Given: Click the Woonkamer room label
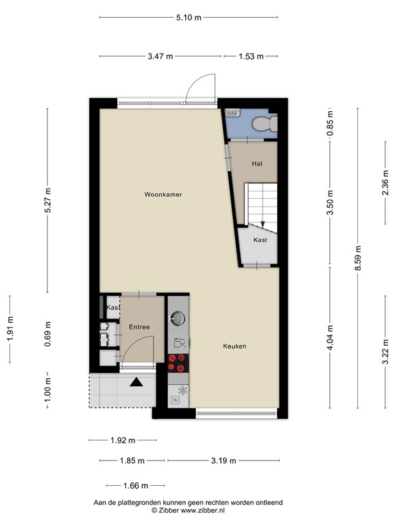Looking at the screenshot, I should (x=163, y=195).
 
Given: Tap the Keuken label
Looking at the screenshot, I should (x=234, y=347).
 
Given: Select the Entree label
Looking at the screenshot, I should (x=139, y=327).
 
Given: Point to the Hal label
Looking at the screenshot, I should (x=257, y=163).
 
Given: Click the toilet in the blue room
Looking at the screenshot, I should (x=263, y=124).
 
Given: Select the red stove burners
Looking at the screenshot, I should (x=178, y=362).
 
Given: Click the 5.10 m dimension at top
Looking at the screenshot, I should (x=188, y=18).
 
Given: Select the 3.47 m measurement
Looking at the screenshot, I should (x=160, y=56).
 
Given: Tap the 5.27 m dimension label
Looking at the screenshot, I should (x=47, y=200).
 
